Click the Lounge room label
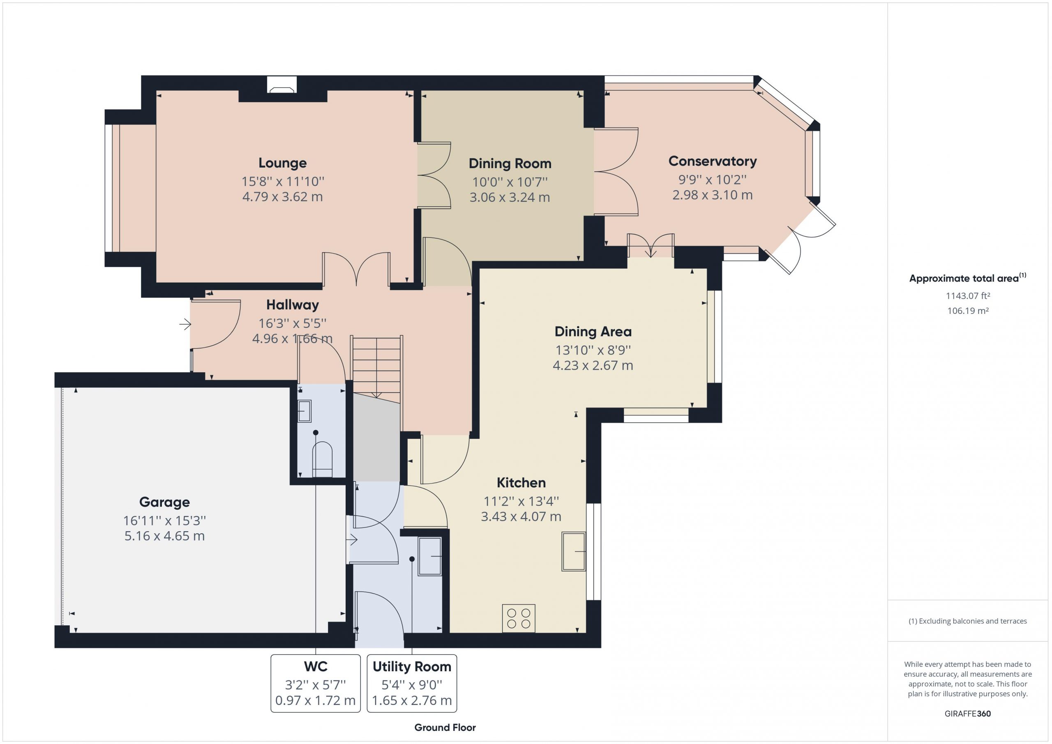pyautogui.click(x=282, y=163)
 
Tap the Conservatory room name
pyautogui.click(x=712, y=161)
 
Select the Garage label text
pyautogui.click(x=164, y=502)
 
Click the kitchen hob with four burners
pyautogui.click(x=519, y=618)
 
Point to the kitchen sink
pyautogui.click(x=574, y=551)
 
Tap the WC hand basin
pyautogui.click(x=305, y=411)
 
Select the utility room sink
pyautogui.click(x=430, y=556)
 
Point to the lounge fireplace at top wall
pyautogui.click(x=282, y=85)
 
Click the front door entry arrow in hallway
pyautogui.click(x=185, y=325)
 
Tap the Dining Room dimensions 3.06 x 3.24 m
pyautogui.click(x=510, y=198)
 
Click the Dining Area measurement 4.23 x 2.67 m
pyautogui.click(x=593, y=366)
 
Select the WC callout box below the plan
pyautogui.click(x=316, y=683)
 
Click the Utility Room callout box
pyautogui.click(x=412, y=683)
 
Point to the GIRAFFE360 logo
pyautogui.click(x=968, y=714)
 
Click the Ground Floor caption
pyautogui.click(x=445, y=728)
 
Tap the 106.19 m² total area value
pyautogui.click(x=968, y=311)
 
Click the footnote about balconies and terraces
pyautogui.click(x=968, y=621)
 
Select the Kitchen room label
pyautogui.click(x=521, y=482)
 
